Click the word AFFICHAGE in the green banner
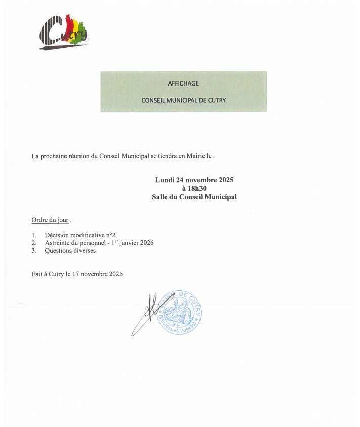coord(183,83)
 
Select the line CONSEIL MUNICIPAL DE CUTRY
coord(183,100)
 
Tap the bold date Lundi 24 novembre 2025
coord(194,180)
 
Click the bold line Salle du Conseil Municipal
coord(194,197)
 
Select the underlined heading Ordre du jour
coord(50,220)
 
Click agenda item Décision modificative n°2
coord(80,235)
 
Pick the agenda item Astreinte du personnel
coord(73,243)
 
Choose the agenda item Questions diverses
coord(70,250)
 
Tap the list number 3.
coord(33,250)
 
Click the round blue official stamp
coord(180,313)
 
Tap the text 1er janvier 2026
coord(132,243)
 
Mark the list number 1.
coord(33,235)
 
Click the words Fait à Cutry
coord(48,274)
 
